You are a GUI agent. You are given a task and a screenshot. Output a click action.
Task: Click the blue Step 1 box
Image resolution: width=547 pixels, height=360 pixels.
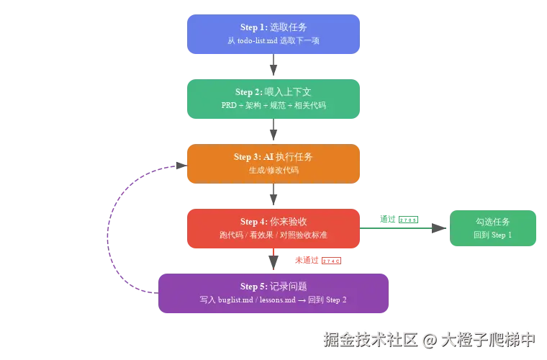click(273, 33)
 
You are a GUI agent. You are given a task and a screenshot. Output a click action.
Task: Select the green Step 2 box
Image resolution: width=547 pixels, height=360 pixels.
click(273, 99)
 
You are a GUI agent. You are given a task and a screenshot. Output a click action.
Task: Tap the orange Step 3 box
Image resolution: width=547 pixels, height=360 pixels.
click(273, 163)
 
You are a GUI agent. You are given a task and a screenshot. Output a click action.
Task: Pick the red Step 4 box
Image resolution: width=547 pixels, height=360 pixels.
click(273, 228)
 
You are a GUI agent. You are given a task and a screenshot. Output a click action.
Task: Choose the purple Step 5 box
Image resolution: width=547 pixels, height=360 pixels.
click(273, 292)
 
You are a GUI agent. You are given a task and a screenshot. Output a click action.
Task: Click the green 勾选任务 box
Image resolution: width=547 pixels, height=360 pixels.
click(493, 228)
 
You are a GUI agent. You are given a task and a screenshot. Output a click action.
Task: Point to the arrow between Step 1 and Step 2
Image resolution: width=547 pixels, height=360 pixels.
click(273, 67)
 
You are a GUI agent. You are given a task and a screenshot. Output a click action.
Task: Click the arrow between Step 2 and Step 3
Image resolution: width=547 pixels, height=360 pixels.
click(273, 131)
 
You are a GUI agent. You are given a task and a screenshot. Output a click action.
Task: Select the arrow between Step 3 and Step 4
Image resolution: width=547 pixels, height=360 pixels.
click(273, 196)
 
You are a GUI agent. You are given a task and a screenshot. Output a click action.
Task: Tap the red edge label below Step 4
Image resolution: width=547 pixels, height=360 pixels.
click(318, 259)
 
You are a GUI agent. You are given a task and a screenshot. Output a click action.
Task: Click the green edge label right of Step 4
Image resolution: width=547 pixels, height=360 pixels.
click(399, 219)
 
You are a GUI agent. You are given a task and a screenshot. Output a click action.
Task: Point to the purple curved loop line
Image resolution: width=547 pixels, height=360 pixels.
click(106, 230)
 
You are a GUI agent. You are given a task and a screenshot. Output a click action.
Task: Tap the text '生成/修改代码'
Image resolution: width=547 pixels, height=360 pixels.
click(273, 171)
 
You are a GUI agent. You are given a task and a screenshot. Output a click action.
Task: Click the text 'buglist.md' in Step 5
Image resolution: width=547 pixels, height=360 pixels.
click(235, 300)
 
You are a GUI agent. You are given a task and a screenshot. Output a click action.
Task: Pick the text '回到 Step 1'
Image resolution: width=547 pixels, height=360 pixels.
click(493, 235)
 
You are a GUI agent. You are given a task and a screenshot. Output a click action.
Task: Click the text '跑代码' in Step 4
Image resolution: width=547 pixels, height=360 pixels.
click(230, 235)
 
